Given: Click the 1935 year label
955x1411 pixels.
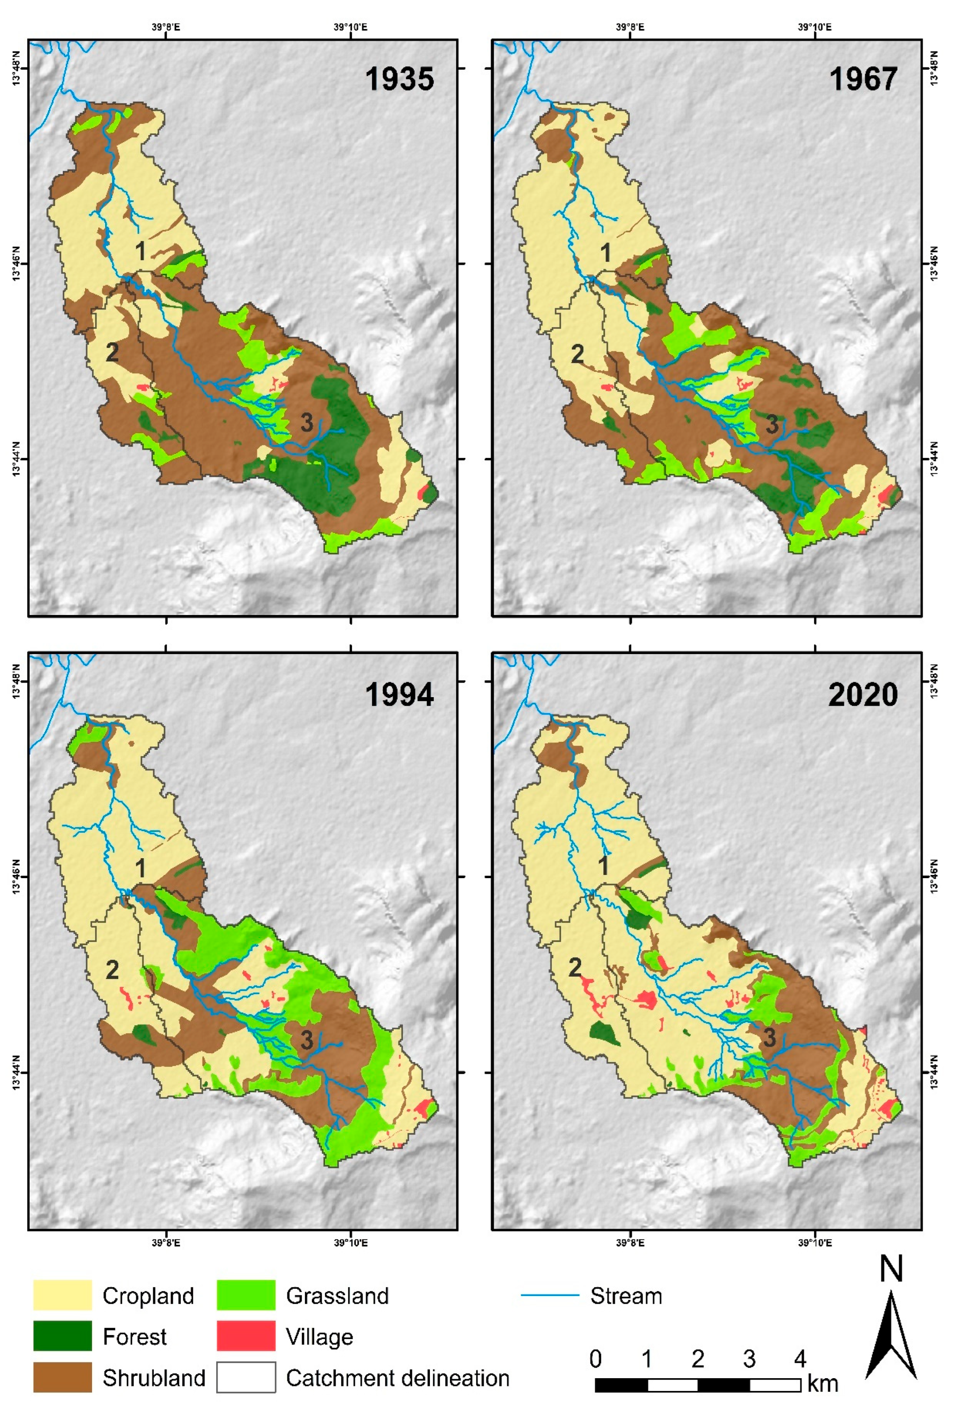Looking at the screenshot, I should tap(399, 79).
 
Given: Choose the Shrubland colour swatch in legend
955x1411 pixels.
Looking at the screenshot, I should tap(62, 1377).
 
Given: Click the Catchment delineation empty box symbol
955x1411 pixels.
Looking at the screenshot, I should tap(246, 1377).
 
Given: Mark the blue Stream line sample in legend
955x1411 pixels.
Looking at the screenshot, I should tap(550, 1295).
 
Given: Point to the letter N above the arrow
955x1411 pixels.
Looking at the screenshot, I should tap(891, 1269).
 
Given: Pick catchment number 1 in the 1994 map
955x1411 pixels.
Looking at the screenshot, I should tap(140, 868).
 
